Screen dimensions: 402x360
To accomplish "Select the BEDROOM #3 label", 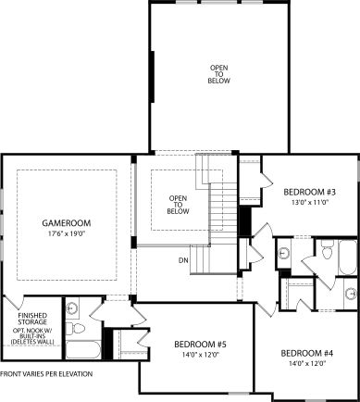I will pos(308,191).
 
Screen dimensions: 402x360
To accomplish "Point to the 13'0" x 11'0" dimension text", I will pos(308,202).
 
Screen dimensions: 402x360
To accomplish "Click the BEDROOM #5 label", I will pos(200,345).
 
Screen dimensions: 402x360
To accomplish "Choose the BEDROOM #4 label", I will pos(306,354).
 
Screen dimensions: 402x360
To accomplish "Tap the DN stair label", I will pos(184,260).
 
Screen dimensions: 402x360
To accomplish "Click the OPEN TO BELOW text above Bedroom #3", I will pos(219,73).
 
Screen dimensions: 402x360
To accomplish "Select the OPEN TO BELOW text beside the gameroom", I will pos(178,205).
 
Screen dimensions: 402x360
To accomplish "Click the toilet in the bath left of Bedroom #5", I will pos(79,328).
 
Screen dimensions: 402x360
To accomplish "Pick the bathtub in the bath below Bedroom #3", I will pos(347,258).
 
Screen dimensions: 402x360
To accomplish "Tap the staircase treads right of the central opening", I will pos(224,208).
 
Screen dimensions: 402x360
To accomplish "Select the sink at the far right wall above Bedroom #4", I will pos(350,295).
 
